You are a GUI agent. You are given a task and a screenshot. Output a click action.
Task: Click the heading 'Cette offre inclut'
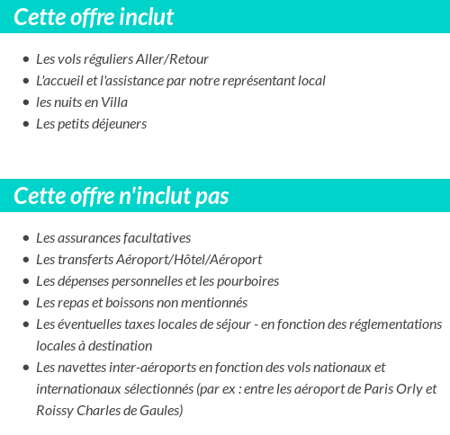(x=94, y=17)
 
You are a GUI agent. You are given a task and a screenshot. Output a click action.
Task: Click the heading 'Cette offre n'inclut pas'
(x=121, y=196)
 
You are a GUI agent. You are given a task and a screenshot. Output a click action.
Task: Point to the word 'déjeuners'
(x=117, y=124)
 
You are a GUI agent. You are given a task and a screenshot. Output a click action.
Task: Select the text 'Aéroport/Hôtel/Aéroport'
(x=189, y=260)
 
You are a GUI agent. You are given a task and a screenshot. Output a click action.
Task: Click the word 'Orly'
(x=402, y=389)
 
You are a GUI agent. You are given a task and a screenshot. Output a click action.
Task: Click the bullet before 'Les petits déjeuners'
(x=25, y=124)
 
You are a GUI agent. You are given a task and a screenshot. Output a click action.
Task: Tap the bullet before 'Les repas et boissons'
(x=25, y=303)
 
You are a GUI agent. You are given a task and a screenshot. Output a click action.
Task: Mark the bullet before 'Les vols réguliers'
(x=25, y=59)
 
